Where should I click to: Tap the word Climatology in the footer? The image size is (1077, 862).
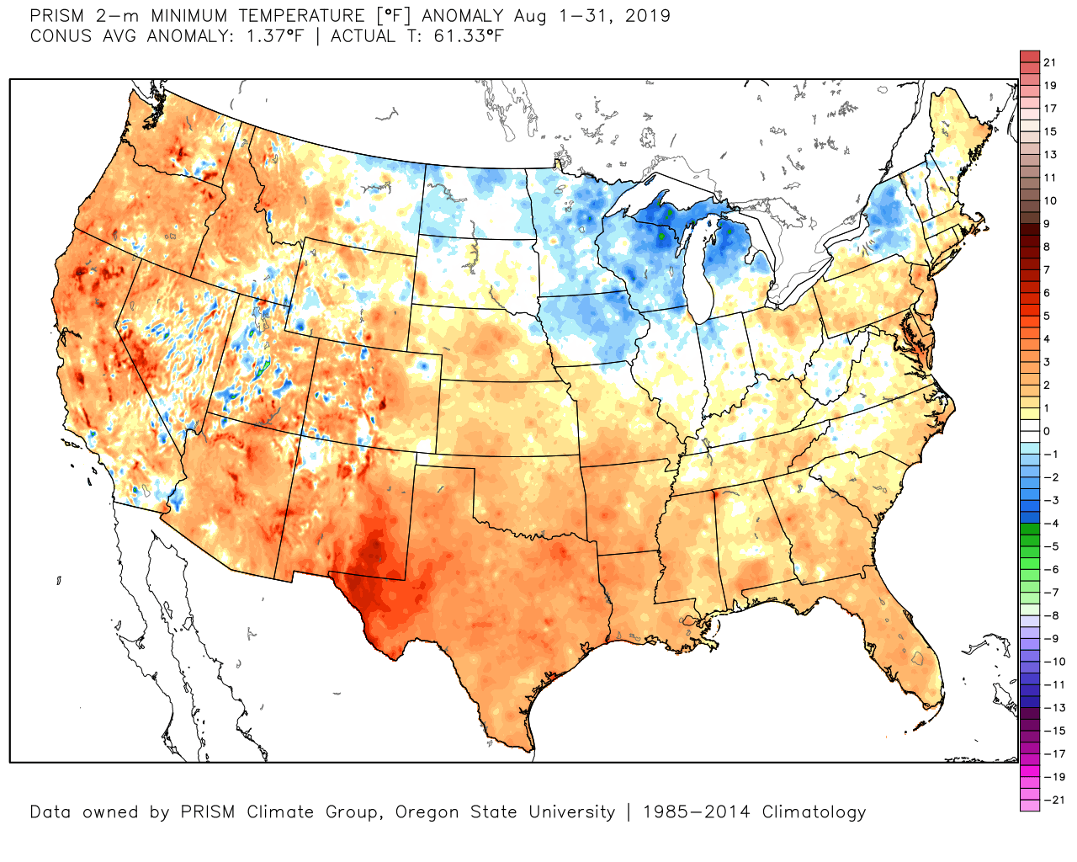[814, 812]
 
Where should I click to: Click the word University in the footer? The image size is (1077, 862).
[571, 812]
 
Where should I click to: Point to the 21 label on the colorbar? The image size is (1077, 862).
[1049, 62]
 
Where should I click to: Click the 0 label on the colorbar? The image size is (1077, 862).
[1047, 431]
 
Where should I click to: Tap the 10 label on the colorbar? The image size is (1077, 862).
[1049, 200]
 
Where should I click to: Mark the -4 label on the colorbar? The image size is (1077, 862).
[1051, 524]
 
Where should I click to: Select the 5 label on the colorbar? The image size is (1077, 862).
[1047, 316]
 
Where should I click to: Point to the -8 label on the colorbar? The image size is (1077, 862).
[1051, 615]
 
